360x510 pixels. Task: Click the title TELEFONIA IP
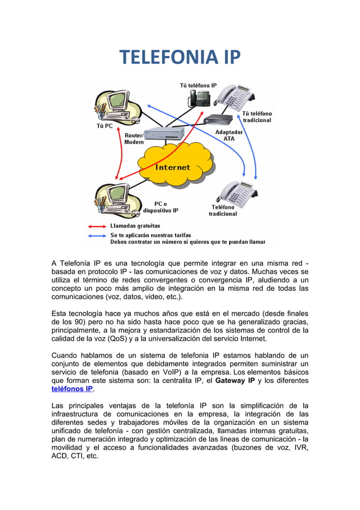[179, 57]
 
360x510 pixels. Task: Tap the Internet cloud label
[173, 167]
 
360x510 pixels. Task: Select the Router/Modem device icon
[164, 134]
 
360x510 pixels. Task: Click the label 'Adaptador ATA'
[229, 135]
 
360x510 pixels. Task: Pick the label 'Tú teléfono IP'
[198, 85]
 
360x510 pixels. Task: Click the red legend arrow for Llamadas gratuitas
[97, 226]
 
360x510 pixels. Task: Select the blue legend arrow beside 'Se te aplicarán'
[97, 234]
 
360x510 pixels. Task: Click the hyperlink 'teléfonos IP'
[72, 389]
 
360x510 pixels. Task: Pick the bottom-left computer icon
[117, 199]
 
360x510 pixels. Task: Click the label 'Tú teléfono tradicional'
[257, 117]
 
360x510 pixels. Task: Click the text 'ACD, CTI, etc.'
[74, 456]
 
